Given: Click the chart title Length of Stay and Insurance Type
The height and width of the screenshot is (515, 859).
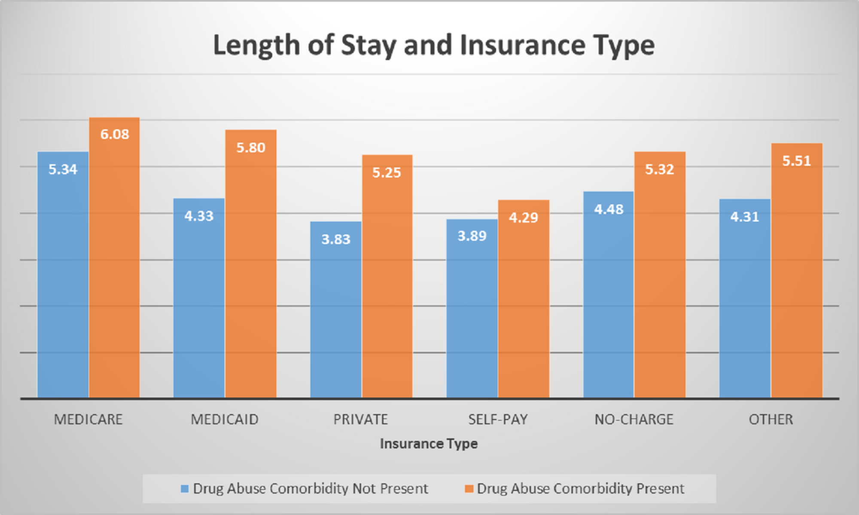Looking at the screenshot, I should click(434, 45).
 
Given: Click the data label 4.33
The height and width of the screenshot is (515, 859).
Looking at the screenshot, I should click(199, 216).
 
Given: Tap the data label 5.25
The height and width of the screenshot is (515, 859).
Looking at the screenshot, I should click(387, 173).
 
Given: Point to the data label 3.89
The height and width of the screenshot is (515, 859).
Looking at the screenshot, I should click(472, 236).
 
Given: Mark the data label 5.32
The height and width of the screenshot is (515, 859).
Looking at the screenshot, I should click(660, 169).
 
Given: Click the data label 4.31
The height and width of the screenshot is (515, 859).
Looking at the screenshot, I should click(745, 217).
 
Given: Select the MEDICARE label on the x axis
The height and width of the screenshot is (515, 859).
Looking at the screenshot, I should click(88, 419).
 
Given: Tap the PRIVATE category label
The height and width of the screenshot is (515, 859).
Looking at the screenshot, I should click(361, 419).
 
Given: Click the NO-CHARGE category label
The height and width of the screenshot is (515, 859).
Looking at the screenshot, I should click(634, 419).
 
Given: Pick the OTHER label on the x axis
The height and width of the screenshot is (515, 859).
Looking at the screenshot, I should click(771, 419).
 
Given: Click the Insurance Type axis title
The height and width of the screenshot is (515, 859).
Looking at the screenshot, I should click(429, 443).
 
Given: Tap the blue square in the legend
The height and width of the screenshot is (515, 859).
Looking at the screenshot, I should click(185, 489).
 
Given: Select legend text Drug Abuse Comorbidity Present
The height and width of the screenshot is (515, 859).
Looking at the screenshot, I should click(580, 489).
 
